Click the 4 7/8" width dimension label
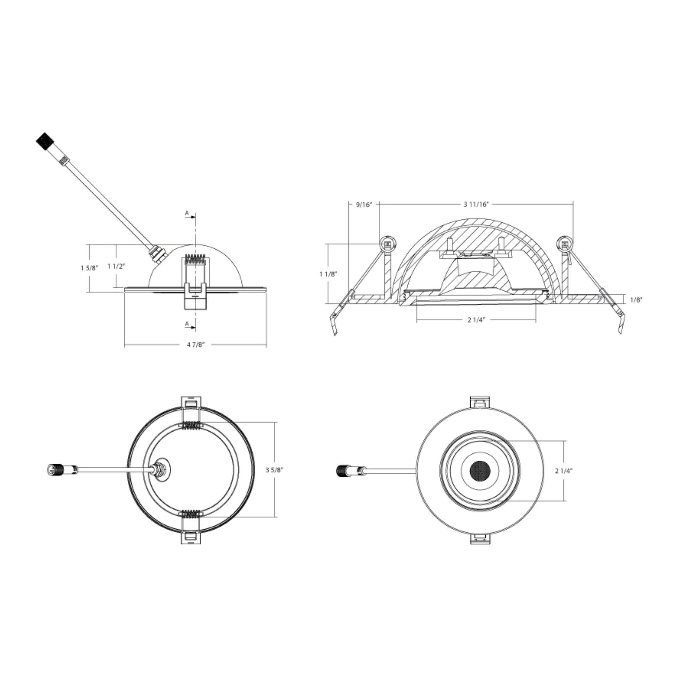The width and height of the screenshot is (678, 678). point(195,344)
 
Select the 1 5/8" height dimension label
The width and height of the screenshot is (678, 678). point(89,268)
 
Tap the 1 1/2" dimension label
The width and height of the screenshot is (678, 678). point(116,266)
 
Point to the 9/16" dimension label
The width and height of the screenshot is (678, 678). point(364,205)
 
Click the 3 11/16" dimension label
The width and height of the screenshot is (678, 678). point(476,205)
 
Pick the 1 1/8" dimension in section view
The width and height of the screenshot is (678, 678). point(328,274)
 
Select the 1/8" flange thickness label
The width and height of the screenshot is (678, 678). point(636,300)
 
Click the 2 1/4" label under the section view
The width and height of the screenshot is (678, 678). point(476,320)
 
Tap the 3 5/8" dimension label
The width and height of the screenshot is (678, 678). point(275,470)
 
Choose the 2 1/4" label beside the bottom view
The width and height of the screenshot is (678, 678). point(564,471)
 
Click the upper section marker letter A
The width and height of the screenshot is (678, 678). point(187,213)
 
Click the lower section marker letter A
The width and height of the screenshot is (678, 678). point(187,324)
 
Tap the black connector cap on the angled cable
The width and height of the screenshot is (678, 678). point(44,141)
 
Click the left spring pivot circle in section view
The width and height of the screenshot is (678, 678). point(388,244)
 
